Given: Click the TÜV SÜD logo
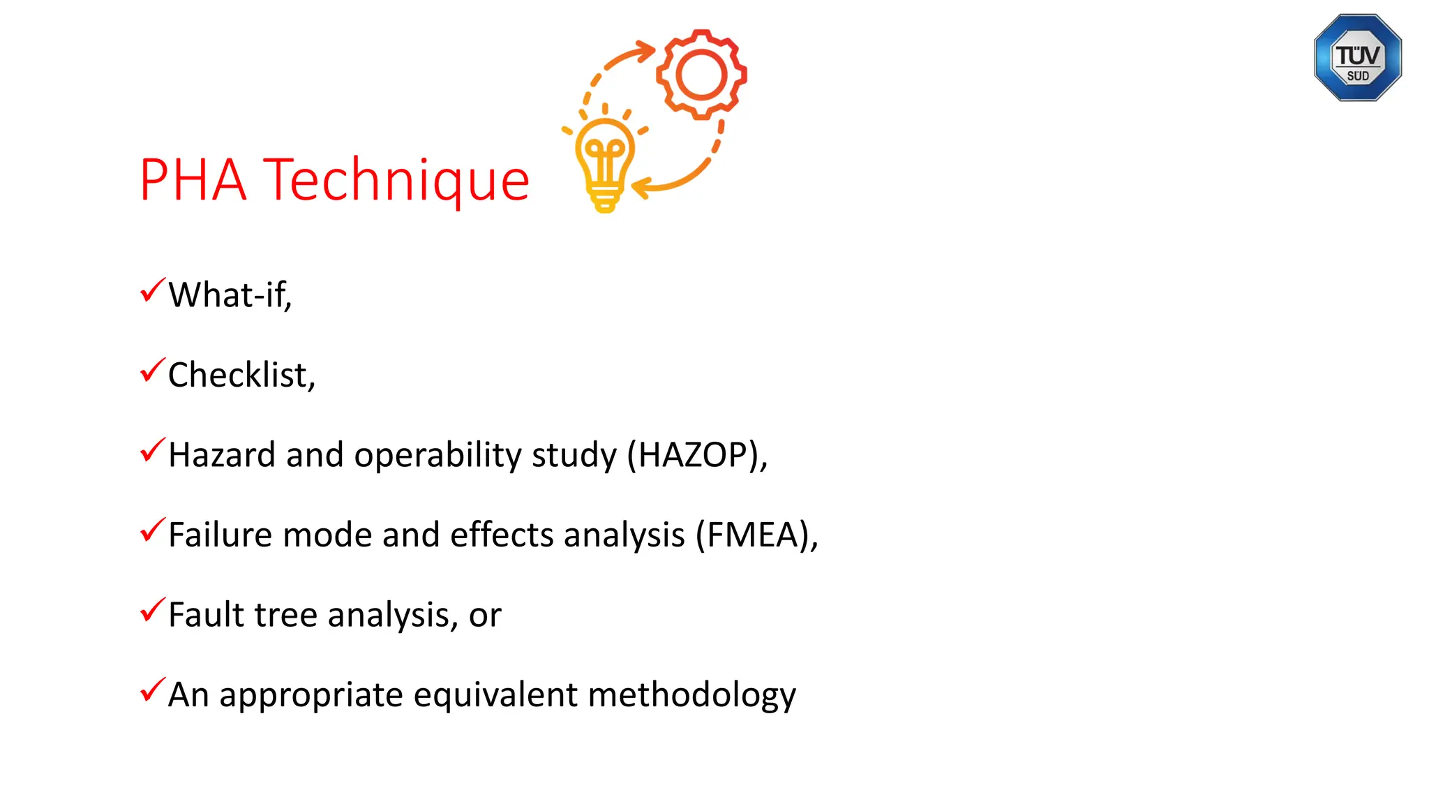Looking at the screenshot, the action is point(1357,58).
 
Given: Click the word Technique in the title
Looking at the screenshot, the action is point(396,180).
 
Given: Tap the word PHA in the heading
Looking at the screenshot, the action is point(193,180).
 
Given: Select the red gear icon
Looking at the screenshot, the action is point(701,74).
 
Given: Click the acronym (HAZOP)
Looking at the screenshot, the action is point(696,455).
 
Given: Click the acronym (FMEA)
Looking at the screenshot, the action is point(756,535).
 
